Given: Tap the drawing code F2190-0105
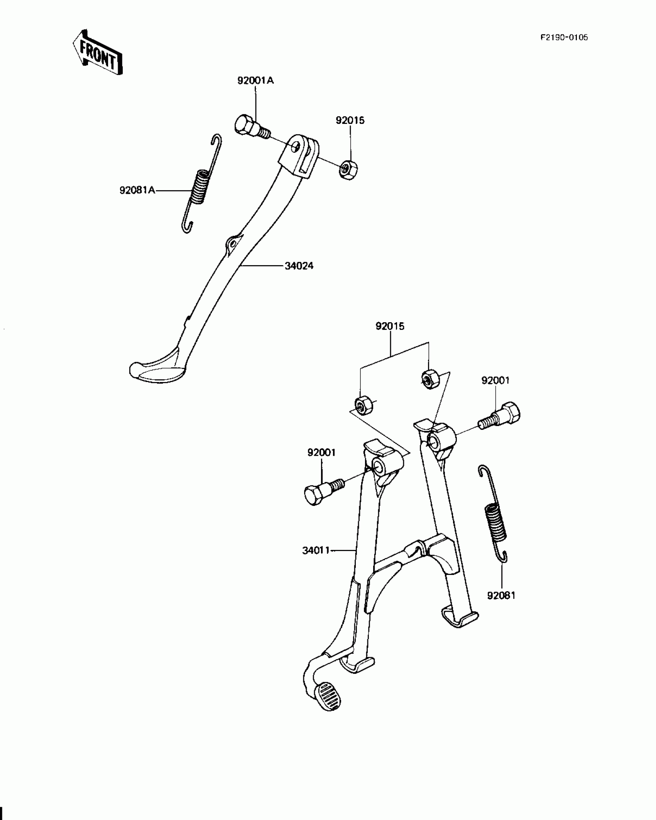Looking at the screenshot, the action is pos(564,37).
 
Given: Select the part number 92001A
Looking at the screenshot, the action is pos(255,81).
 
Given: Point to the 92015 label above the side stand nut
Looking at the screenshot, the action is pos(350,120).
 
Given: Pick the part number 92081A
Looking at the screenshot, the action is pos(137,190).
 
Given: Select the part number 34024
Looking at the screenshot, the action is pos(299,266).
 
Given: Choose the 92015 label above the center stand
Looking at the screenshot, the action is pos(390,326).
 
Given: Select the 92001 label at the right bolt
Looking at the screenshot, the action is pos(495,380).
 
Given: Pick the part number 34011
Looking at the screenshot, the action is pos(316,550).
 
